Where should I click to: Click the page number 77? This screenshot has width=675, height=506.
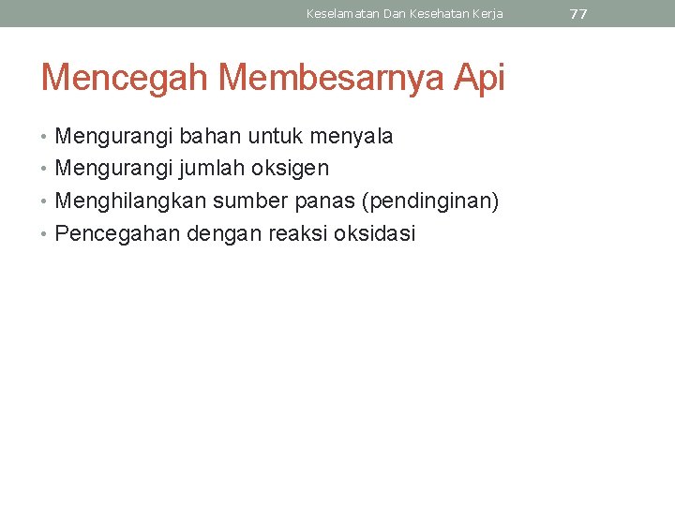click(x=578, y=14)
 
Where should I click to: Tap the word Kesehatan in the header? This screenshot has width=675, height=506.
click(x=437, y=14)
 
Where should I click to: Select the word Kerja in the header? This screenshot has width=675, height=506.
click(x=487, y=14)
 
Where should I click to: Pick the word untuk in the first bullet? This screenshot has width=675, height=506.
click(x=277, y=137)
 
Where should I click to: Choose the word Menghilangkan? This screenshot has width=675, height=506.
click(x=131, y=201)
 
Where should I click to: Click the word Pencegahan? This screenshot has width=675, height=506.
click(x=118, y=234)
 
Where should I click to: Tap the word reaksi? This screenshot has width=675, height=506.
click(x=299, y=233)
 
